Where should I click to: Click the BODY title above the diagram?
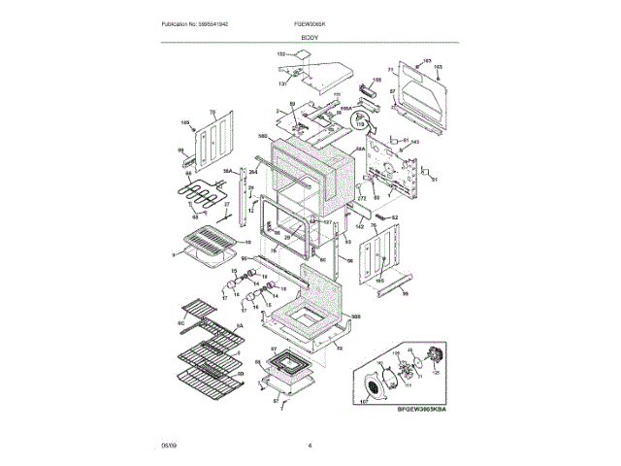310,36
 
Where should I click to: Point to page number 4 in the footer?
310,445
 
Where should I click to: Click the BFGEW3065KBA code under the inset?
426,409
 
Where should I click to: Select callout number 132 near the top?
282,55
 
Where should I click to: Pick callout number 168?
378,79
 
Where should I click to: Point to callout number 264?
253,173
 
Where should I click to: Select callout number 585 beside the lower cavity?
355,316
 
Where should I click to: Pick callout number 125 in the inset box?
436,371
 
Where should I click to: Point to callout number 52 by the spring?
396,217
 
